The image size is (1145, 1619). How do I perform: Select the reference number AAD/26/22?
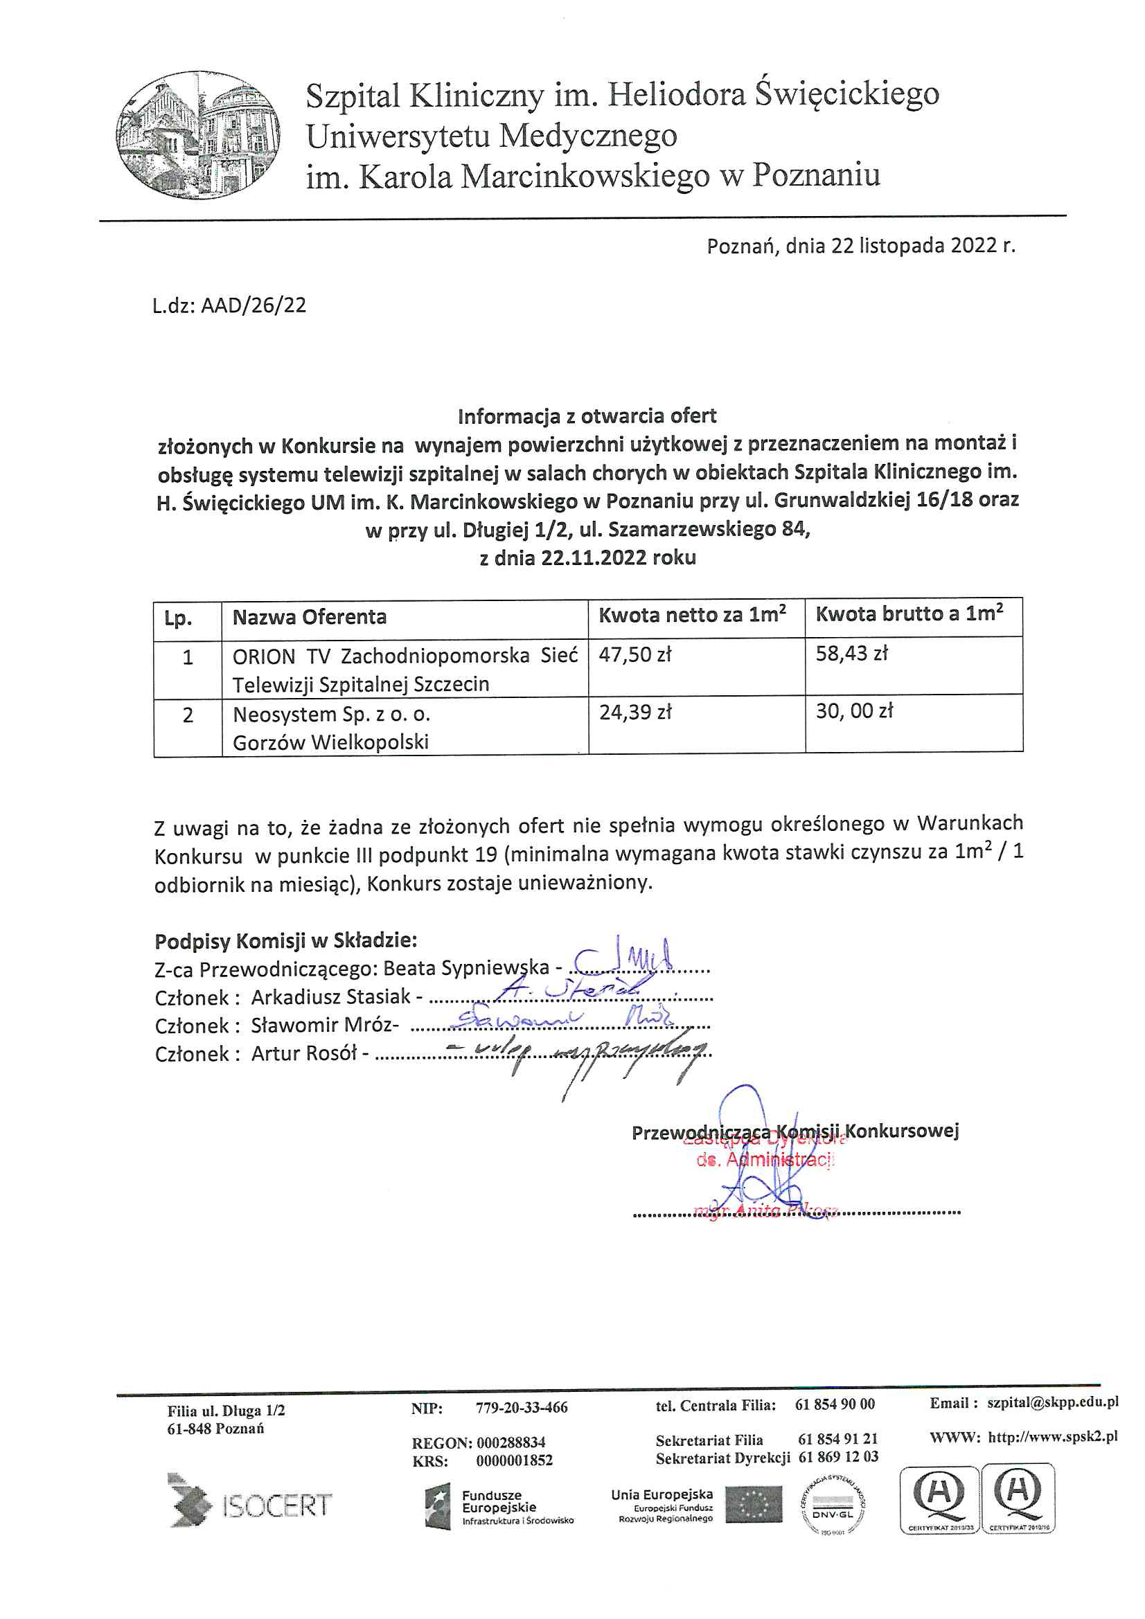pos(254,305)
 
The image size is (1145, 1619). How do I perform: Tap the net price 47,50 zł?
pos(635,655)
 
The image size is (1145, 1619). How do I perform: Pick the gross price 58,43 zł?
pos(851,654)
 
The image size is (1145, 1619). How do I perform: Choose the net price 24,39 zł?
pos(635,713)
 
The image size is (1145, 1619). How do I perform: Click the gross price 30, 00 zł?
pos(854,710)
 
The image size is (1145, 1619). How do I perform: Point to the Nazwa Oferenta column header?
pos(310,618)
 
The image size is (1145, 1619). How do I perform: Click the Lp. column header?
pos(178,619)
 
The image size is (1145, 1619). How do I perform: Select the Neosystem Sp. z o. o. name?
pos(332,715)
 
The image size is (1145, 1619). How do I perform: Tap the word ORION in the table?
pos(264,656)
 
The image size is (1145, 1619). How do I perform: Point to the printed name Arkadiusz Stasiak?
pos(331,997)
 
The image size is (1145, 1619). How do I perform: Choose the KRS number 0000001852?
pos(514,1460)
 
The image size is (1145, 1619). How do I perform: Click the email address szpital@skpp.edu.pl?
pos(1053,1402)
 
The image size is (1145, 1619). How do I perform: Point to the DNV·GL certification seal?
pos(833,1507)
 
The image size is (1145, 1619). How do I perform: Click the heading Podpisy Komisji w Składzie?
pos(285,940)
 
